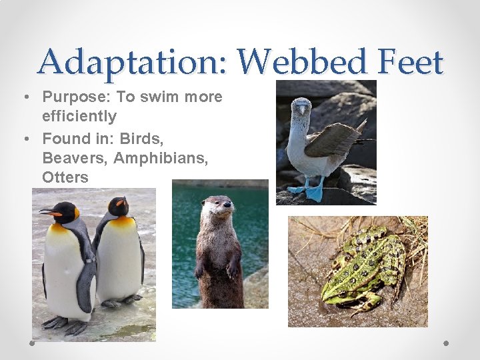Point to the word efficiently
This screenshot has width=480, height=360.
79,117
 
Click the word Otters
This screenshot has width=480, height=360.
65,177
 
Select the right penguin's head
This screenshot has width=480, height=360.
118,207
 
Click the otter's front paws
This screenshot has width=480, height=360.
215,270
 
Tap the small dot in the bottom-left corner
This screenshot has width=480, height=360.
32,343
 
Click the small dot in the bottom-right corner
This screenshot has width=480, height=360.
447,343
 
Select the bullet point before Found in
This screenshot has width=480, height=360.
25,139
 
